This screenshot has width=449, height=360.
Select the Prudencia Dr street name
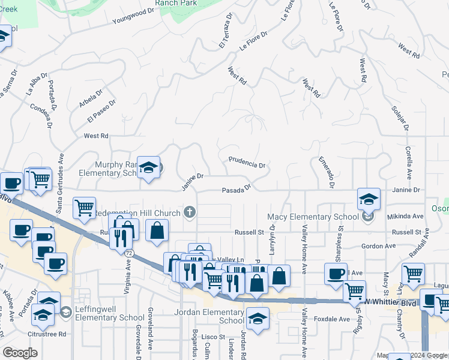[246, 162]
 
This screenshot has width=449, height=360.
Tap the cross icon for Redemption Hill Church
[190, 211]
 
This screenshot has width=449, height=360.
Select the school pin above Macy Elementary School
[369, 199]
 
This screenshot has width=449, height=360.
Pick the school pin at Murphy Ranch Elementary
[148, 167]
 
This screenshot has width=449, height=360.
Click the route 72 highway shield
[129, 254]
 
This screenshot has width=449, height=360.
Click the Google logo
[20, 353]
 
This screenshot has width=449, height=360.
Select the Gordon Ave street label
[378, 246]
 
